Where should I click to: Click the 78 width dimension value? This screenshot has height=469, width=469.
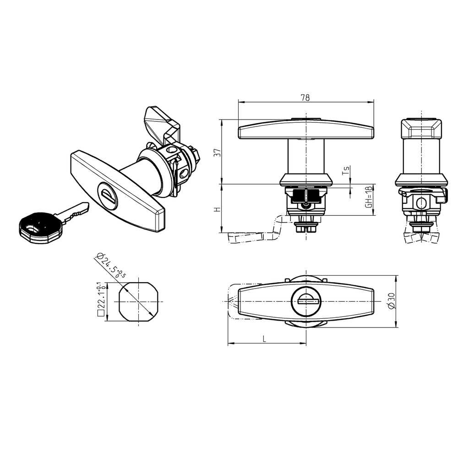point(305,97)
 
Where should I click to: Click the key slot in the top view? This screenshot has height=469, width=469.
point(305,300)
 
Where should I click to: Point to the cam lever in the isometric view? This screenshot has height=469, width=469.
point(160,121)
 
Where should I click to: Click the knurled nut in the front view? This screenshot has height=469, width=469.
point(305,196)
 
